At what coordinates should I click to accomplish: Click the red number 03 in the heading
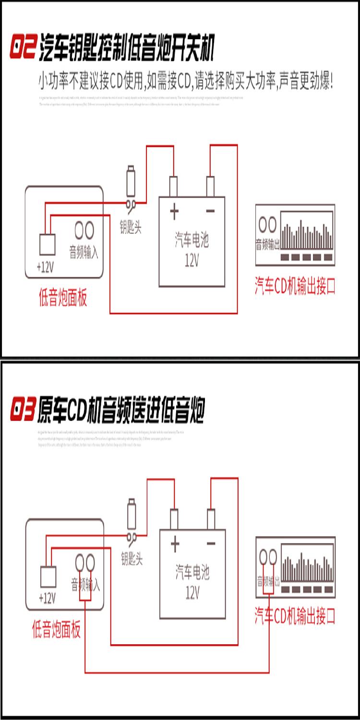[23, 411]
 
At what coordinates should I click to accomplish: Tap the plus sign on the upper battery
[174, 211]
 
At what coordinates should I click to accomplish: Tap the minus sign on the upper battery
[210, 211]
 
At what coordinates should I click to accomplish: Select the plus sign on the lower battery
[175, 544]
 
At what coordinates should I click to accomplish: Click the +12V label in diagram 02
[46, 266]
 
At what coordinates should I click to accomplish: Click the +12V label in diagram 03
[47, 598]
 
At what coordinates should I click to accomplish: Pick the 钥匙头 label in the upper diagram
[131, 227]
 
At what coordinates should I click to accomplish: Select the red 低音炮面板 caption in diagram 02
[63, 299]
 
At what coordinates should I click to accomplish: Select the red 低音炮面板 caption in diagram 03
[56, 630]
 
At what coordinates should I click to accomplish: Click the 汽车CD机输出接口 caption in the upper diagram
[295, 286]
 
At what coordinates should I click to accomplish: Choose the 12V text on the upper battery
[192, 260]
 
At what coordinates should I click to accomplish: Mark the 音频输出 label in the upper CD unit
[267, 245]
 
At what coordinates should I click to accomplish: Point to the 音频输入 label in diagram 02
[84, 252]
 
